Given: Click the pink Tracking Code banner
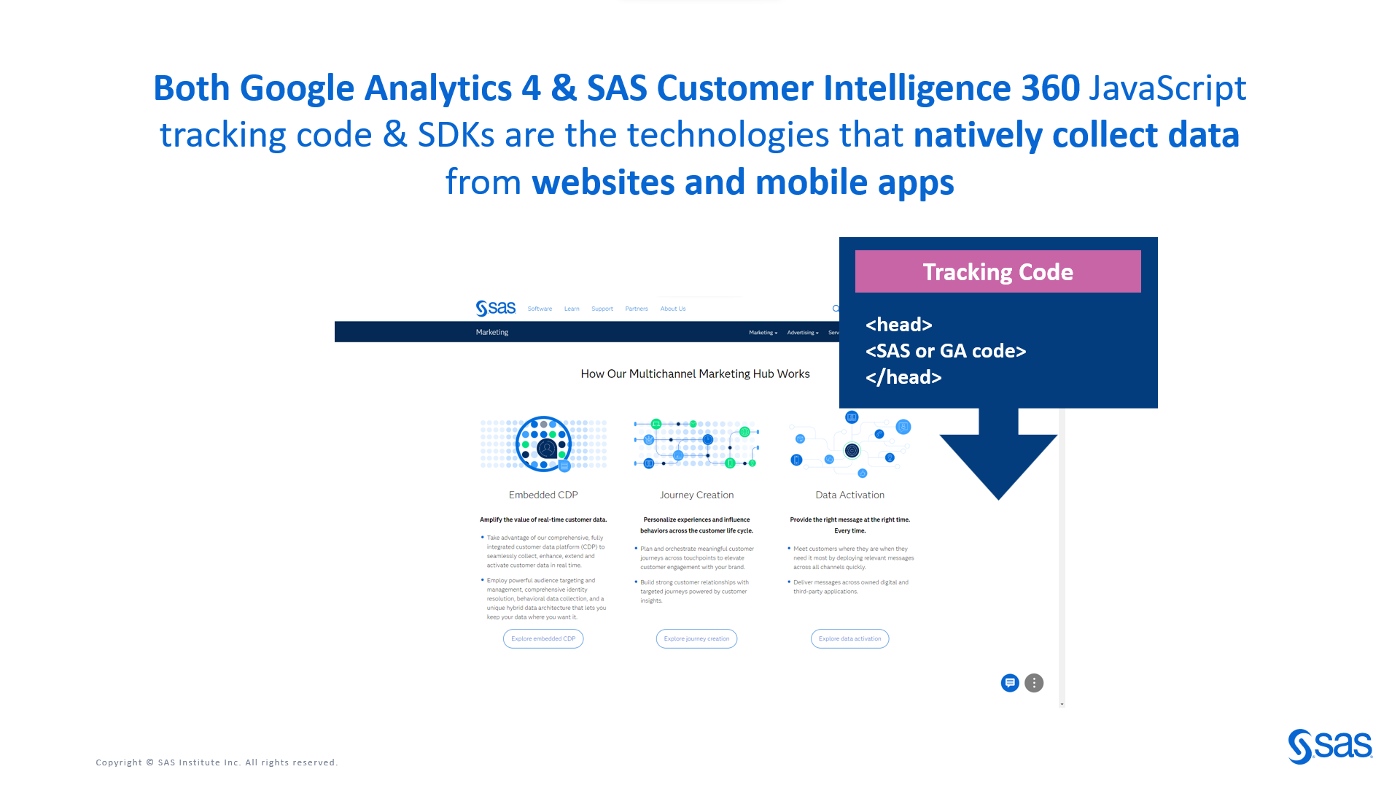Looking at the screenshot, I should [997, 271].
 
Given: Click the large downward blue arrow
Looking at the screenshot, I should [997, 456].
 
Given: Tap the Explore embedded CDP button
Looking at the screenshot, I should [543, 638].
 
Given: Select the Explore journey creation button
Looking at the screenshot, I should [696, 638].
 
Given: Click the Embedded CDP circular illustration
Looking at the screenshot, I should [543, 444].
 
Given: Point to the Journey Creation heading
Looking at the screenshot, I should [696, 495].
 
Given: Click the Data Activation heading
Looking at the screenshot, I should [849, 495].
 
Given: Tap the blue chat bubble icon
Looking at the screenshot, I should [1010, 683].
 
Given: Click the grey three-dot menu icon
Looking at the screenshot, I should [1034, 683].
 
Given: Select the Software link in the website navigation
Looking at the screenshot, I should [540, 309].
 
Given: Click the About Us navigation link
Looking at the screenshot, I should [672, 309].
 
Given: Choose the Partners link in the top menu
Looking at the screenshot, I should [636, 309].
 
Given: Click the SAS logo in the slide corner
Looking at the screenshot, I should [1330, 746].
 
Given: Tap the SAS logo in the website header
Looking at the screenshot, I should [496, 308].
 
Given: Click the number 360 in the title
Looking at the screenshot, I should [1050, 88].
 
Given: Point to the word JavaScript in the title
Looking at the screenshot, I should [1167, 88].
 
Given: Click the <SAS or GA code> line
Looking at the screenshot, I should [946, 351].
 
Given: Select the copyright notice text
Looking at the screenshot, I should [217, 762].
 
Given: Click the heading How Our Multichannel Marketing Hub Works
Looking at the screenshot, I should [695, 374].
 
